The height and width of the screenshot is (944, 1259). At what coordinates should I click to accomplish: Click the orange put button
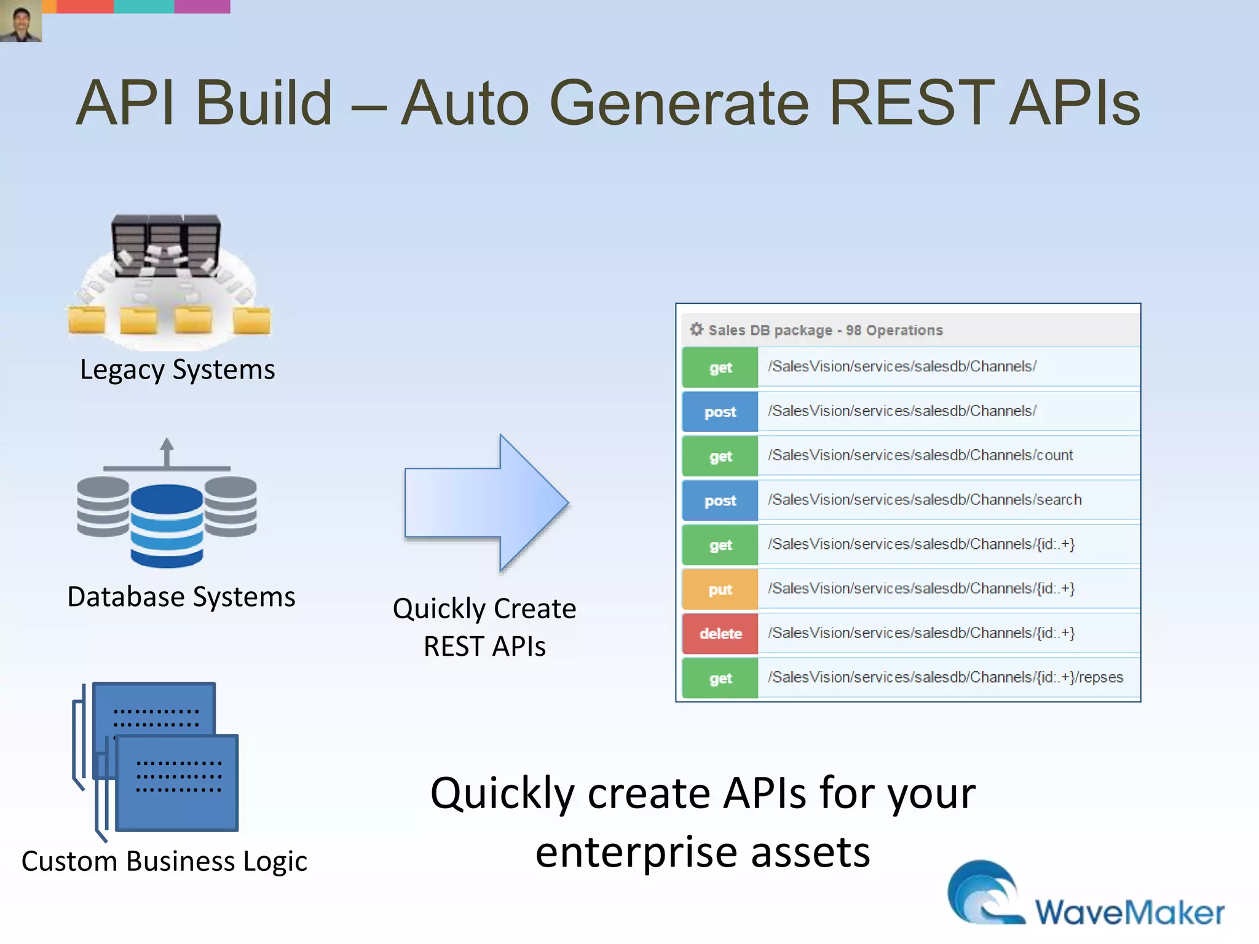720,589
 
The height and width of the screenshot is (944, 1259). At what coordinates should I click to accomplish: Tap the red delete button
720,634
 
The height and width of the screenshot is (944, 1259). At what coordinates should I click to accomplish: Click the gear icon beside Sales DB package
696,329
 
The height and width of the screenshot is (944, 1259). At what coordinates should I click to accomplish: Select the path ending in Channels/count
920,455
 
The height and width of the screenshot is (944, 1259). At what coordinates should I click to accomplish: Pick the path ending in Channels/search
924,500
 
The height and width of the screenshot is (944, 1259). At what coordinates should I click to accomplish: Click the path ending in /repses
945,677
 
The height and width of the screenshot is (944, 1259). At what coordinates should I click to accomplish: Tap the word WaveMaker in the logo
1129,912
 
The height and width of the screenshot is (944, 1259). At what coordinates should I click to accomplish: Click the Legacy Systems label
177,370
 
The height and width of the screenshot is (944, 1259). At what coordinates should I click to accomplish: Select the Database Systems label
181,597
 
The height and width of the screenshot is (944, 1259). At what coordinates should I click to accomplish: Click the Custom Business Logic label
164,862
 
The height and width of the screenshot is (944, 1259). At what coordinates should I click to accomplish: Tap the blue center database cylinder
167,525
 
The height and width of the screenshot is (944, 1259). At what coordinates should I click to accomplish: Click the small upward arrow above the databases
167,452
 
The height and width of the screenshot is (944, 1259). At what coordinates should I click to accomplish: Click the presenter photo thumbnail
21,21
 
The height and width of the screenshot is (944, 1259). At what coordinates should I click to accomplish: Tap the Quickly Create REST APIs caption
484,627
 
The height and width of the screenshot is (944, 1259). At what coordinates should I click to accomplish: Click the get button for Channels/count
720,457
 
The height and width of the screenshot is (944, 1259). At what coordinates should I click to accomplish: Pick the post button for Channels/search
720,501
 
